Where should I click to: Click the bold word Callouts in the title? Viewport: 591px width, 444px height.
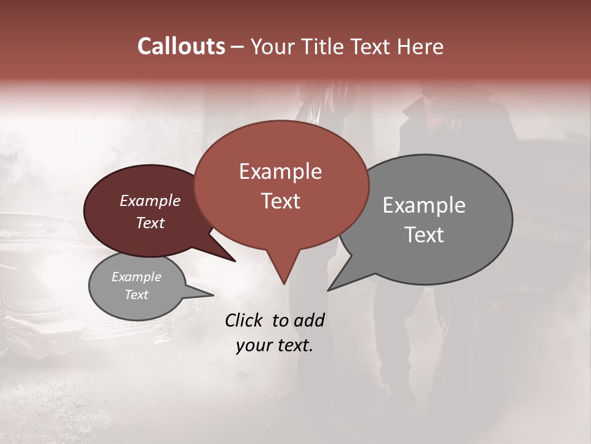pos(181,46)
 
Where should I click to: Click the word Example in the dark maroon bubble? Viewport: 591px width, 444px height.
pos(150,200)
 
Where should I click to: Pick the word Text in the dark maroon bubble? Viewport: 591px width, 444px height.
pos(150,223)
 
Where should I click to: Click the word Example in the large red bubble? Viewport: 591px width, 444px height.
pos(280,171)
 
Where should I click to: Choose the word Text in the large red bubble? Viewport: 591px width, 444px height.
pos(280,201)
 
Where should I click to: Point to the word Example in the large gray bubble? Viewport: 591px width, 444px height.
pos(424,205)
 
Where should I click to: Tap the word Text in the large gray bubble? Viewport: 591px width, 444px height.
pos(424,235)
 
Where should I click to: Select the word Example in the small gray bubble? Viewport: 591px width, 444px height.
pos(136,277)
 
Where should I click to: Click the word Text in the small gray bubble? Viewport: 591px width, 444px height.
pos(136,295)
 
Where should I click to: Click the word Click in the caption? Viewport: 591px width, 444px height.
pos(245,320)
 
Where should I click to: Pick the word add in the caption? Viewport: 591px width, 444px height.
pos(308,320)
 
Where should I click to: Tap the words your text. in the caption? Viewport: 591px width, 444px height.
pos(274,345)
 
